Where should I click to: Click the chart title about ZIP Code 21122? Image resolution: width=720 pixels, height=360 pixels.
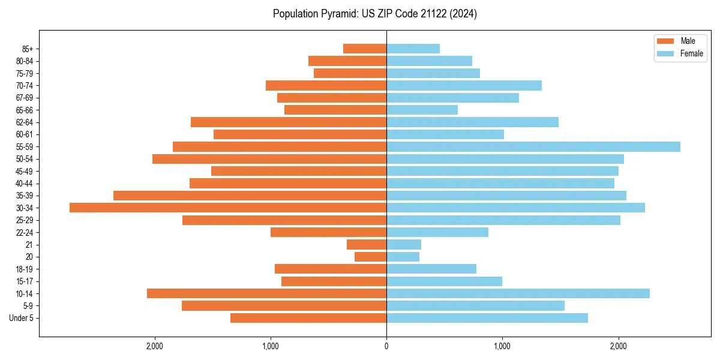pyautogui.click(x=374, y=14)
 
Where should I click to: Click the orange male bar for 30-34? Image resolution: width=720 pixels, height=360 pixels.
pyautogui.click(x=228, y=208)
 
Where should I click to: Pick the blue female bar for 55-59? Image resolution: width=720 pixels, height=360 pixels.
pyautogui.click(x=533, y=146)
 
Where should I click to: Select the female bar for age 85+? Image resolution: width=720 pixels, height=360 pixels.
pyautogui.click(x=413, y=49)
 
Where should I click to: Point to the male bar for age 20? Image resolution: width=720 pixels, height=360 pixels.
pyautogui.click(x=370, y=257)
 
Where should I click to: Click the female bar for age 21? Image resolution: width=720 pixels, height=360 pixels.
pyautogui.click(x=404, y=244)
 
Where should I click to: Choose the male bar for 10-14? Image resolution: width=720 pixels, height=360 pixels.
pyautogui.click(x=266, y=293)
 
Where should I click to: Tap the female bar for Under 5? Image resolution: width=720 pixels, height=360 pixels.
pyautogui.click(x=487, y=318)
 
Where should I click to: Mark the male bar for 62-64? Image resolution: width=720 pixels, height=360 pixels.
pyautogui.click(x=289, y=122)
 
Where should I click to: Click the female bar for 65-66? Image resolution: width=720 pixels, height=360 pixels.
pyautogui.click(x=422, y=110)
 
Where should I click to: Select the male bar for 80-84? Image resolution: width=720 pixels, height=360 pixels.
pyautogui.click(x=347, y=61)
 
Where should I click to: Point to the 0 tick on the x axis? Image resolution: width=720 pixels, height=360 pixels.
pyautogui.click(x=386, y=346)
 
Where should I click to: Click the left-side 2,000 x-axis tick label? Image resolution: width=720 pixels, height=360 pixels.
pyautogui.click(x=155, y=346)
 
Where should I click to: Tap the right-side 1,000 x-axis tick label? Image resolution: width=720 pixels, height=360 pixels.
pyautogui.click(x=502, y=346)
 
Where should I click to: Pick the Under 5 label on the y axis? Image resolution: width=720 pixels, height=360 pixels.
pyautogui.click(x=21, y=318)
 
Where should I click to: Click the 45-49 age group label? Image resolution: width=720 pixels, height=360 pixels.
pyautogui.click(x=25, y=171)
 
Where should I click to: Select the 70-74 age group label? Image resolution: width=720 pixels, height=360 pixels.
pyautogui.click(x=25, y=85)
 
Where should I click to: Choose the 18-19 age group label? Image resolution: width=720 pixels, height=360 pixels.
pyautogui.click(x=25, y=269)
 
